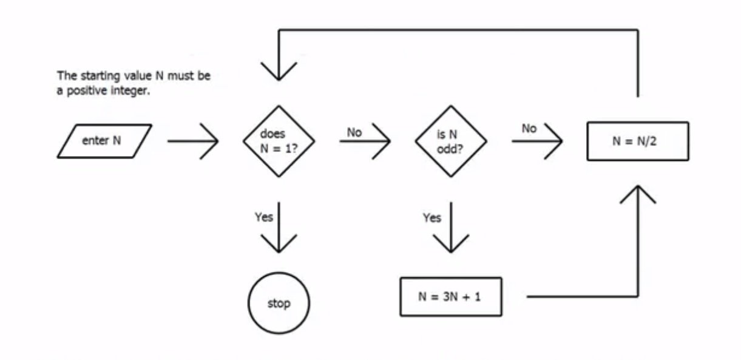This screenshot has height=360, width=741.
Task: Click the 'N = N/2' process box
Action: tap(637, 141)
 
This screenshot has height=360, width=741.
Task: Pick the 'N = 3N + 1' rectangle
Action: tap(450, 297)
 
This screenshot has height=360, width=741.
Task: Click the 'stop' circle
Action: tap(279, 303)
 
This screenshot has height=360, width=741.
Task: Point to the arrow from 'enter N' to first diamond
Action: tap(192, 142)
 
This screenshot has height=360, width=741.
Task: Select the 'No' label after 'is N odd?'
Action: tap(530, 129)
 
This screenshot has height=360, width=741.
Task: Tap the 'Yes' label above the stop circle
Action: tap(263, 217)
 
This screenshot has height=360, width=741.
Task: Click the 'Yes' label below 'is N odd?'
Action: tap(431, 217)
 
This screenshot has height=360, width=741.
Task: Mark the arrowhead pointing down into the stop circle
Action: tap(279, 246)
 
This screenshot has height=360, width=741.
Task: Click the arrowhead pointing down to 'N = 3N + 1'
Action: tap(450, 246)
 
